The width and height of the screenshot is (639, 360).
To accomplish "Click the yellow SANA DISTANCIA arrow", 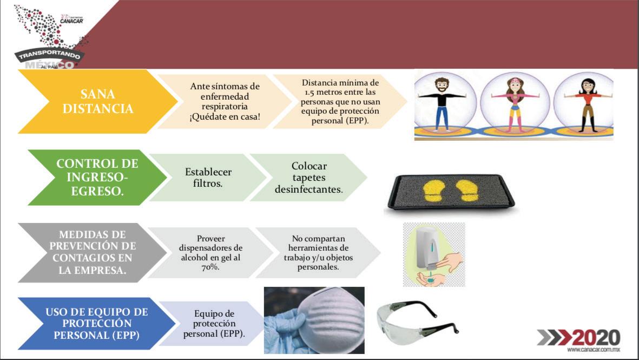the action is (98, 102).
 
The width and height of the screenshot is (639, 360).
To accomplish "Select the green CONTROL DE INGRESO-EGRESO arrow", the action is (97, 178).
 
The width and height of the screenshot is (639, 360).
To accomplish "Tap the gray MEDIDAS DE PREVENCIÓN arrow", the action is (92, 252).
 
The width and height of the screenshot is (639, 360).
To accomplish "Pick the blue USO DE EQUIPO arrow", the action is (97, 324).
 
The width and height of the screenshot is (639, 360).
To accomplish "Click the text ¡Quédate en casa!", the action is (225, 116).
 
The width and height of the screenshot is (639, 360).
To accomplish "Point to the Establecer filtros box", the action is (208, 178).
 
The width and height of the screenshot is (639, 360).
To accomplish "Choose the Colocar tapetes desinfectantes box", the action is (308, 178).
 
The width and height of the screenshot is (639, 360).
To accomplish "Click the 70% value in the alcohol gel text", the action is (210, 267).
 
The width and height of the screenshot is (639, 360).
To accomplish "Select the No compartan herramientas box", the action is (318, 253).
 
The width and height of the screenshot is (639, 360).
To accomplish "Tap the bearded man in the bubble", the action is (442, 104).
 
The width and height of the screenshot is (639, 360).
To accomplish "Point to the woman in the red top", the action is (588, 104).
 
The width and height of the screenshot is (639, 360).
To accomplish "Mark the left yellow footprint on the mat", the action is (437, 191).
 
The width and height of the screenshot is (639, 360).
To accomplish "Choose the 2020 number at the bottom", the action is (596, 338).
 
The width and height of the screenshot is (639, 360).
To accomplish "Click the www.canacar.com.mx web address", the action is (594, 350).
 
